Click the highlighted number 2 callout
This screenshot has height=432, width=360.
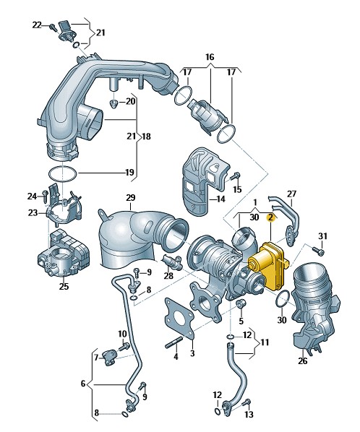tap(270, 217)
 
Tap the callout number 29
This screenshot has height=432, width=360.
tap(131, 198)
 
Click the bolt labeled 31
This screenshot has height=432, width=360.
tap(318, 251)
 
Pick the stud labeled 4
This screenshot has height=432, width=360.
tap(174, 343)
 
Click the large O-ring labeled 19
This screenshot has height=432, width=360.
tap(63, 174)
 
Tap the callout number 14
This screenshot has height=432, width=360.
tap(220, 199)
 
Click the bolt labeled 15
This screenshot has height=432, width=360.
tap(236, 176)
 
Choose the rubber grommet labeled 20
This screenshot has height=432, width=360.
tap(113, 103)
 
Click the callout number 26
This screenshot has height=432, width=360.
tap(302, 360)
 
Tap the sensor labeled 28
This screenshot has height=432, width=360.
tap(172, 262)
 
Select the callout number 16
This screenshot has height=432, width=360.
tap(210, 57)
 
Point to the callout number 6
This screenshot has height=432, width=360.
tap(83, 384)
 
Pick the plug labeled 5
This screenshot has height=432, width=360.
tap(241, 304)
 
